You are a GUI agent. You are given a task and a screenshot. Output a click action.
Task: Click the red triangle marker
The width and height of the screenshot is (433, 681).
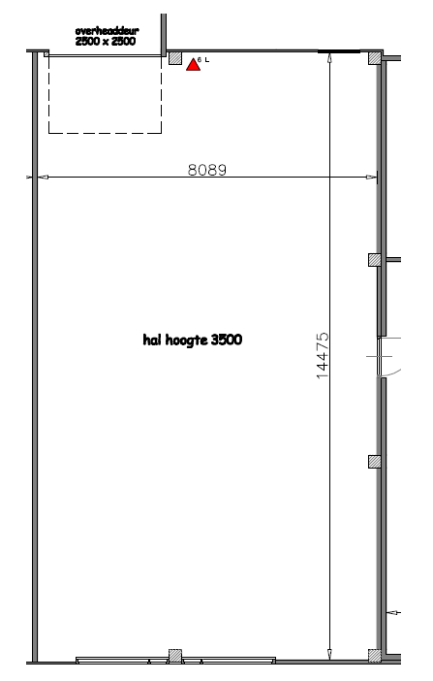point(193,64)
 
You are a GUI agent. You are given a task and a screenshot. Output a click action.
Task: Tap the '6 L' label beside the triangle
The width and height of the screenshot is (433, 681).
point(203,60)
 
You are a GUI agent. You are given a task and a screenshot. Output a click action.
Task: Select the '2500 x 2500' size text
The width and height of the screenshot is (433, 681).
point(105,43)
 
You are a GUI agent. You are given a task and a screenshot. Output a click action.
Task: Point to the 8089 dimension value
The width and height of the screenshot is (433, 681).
point(206,169)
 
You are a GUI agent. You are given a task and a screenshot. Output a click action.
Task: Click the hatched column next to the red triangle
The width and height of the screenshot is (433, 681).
point(175,58)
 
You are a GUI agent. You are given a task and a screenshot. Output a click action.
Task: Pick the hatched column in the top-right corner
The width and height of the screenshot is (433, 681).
point(374,58)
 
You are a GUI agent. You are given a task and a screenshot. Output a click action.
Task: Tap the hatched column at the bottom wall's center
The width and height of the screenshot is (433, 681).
point(175,655)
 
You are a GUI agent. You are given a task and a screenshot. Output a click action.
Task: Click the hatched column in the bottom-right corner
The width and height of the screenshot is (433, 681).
point(374,655)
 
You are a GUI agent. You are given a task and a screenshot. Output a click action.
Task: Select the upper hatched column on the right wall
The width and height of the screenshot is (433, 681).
point(374,260)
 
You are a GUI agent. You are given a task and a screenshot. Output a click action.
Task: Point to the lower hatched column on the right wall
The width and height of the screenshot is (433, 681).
point(374,461)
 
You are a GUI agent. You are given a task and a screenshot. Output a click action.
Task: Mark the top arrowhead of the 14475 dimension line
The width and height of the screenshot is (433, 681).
point(330,57)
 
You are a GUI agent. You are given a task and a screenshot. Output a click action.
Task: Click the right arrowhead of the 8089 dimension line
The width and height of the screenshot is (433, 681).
point(373,177)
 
